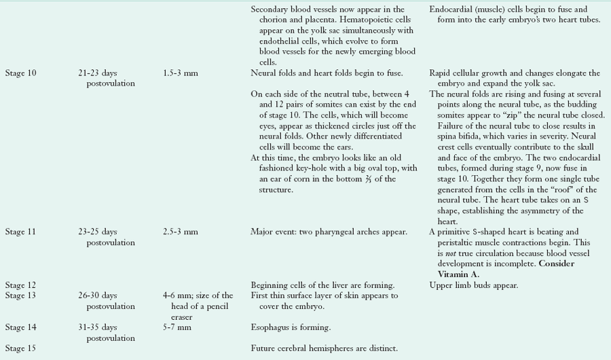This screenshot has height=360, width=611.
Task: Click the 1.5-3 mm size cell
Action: click(x=181, y=73)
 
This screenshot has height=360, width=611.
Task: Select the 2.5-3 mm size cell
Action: click(x=181, y=232)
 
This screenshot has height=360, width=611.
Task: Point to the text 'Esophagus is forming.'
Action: click(x=291, y=327)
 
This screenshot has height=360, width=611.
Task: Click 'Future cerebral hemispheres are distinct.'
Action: click(x=324, y=348)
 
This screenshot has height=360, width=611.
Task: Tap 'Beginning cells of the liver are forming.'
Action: click(x=322, y=285)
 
